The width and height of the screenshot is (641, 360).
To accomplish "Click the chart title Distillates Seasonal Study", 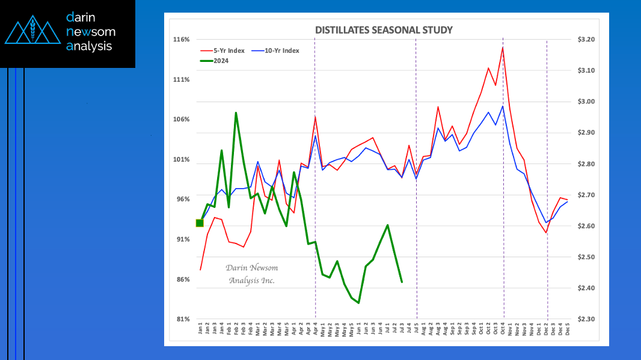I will tap(384, 30).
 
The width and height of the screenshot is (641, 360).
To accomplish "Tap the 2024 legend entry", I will tap(220, 60).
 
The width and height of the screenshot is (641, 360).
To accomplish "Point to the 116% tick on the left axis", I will tap(182, 40).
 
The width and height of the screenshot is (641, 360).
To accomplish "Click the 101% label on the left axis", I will tap(182, 160).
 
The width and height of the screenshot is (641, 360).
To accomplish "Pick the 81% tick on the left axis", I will tap(183, 319).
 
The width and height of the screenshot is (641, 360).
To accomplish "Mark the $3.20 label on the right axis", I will tap(584, 40).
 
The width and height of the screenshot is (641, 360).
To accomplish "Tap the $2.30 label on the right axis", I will tap(584, 319).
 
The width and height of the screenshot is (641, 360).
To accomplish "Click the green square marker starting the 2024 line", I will tap(200, 223).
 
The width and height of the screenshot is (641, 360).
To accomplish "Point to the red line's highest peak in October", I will tap(502, 47).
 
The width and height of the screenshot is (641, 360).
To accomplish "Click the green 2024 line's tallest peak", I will tap(236, 112).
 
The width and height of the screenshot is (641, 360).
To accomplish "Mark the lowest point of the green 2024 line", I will tap(359, 303).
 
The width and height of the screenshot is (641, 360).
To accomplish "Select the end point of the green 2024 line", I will tap(402, 282).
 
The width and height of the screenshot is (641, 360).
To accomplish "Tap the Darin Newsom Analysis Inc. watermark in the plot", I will tap(251, 274).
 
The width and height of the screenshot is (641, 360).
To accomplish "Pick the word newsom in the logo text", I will tap(91, 31).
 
